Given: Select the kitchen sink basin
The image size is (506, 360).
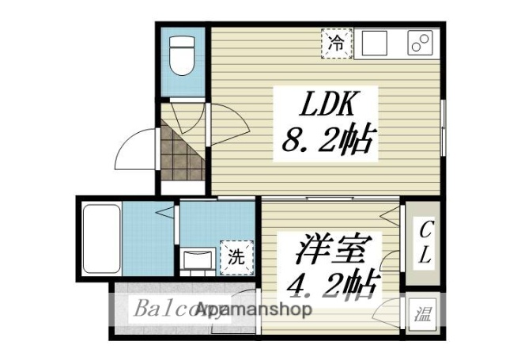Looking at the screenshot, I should tap(377, 43).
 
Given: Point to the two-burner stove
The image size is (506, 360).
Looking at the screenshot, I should tap(422, 44).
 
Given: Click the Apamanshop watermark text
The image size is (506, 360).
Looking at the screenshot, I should tap(253, 309).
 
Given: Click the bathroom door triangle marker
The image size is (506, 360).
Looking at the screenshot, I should tap(164, 212).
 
